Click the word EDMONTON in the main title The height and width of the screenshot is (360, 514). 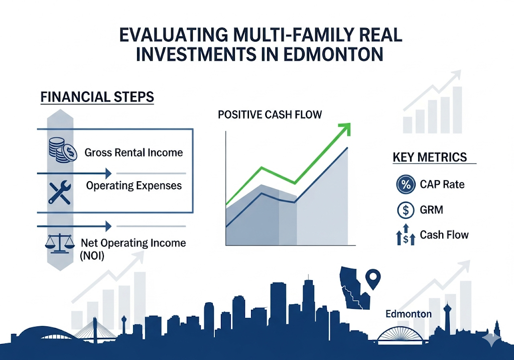[333, 54]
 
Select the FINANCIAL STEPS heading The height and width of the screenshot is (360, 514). [97, 97]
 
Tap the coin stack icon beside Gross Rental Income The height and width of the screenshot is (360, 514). [63, 150]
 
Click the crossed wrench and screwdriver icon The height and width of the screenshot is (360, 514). [60, 192]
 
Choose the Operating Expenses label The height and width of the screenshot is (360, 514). [134, 186]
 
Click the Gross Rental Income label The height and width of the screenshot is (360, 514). [134, 153]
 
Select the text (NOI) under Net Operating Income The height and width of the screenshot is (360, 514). [92, 256]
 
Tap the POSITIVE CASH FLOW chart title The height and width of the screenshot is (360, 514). [270, 114]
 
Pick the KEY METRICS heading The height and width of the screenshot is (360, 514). [430, 157]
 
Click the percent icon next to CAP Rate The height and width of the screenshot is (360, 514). [406, 184]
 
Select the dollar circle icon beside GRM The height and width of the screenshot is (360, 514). [406, 210]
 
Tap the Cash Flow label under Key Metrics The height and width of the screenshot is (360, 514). [444, 235]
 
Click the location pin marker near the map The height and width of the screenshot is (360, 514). [373, 279]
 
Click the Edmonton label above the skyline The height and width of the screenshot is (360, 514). [409, 314]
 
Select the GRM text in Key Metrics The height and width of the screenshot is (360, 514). [431, 210]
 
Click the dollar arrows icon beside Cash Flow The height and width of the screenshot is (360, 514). [406, 235]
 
